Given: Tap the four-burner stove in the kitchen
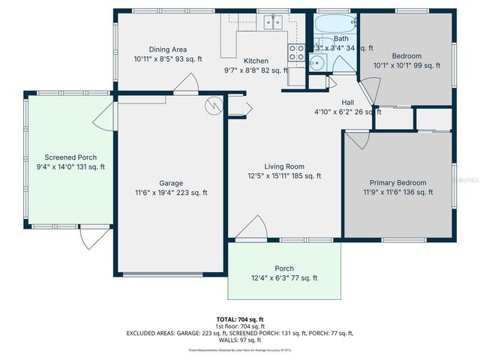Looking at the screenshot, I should coord(296,52).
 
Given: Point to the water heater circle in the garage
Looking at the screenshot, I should coord(215,104).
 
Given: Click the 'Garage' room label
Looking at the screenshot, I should coord(170,183).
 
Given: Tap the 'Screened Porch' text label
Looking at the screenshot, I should coord(70,157).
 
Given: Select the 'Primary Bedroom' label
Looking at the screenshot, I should coord(397,183).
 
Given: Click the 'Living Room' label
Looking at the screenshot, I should coord(283,166).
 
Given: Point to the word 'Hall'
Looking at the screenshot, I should coord(348,103).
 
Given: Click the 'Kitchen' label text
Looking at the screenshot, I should coord(256,61).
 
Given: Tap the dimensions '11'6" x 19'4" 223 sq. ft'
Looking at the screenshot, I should coord(170,193).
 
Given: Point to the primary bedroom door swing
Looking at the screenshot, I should coord(355,140).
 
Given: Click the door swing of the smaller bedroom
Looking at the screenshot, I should coord(368,94).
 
